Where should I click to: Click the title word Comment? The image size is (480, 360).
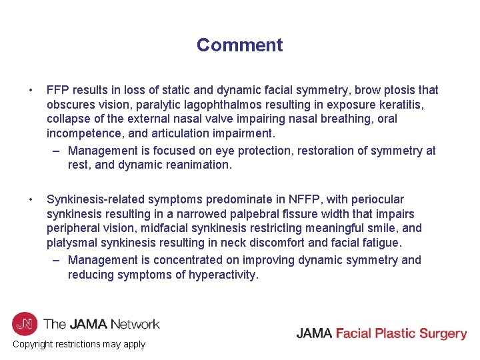[239, 45]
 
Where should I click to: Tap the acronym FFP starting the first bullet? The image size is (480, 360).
[59, 90]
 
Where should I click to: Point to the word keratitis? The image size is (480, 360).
[409, 105]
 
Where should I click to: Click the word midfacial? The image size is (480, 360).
[174, 229]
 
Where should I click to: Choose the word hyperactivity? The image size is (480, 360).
[222, 275]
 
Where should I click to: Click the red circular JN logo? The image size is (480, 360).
[25, 325]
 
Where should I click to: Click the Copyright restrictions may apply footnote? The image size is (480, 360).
[79, 344]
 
